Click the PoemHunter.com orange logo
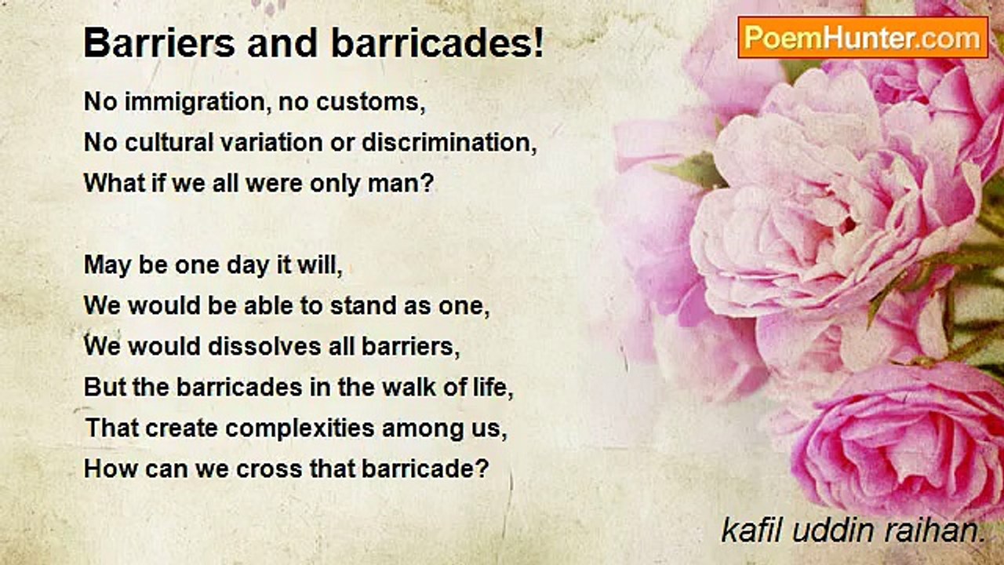coord(863,38)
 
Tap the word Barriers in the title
coord(159,43)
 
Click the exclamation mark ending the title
coord(538,42)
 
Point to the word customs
coord(370,102)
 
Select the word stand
coord(363,306)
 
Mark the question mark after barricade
coord(482,468)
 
